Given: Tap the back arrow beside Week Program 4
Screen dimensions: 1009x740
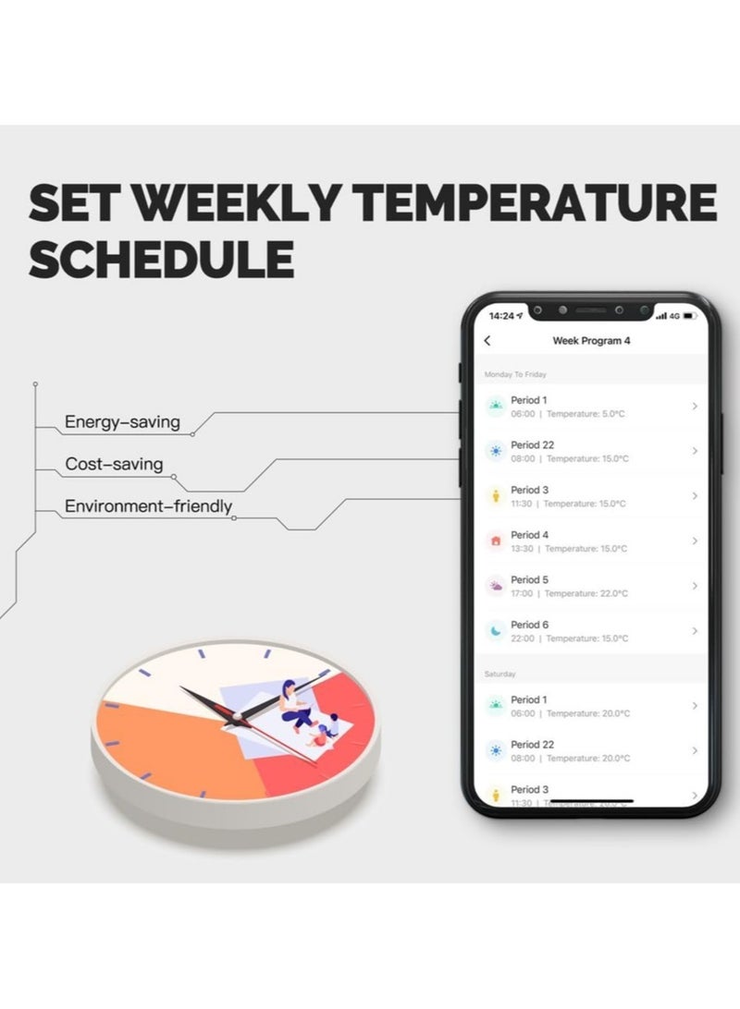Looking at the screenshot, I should [487, 341].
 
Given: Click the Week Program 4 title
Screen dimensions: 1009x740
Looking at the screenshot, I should [591, 341].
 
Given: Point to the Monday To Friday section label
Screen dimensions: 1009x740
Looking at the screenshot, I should [515, 374].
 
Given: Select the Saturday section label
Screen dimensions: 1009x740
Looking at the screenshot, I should [500, 675].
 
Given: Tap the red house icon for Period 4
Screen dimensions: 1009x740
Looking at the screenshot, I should [496, 541].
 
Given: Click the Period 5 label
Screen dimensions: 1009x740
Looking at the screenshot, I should [530, 580].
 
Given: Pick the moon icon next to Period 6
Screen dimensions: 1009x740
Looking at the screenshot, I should [496, 631].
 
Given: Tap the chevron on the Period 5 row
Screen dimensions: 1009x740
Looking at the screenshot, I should [695, 586].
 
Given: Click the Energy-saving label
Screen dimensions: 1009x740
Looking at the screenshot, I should [122, 423].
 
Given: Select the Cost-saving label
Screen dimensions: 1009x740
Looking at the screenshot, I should [114, 464].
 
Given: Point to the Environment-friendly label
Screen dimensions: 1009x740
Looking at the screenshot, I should [148, 506].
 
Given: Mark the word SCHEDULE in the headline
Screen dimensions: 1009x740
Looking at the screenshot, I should [162, 260].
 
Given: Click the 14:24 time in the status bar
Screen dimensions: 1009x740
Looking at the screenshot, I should [501, 316].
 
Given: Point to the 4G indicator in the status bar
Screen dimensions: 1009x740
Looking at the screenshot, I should [674, 316].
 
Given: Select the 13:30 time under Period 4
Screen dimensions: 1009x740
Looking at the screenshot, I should [524, 549].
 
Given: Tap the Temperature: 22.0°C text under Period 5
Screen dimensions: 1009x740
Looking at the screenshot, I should [586, 593].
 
